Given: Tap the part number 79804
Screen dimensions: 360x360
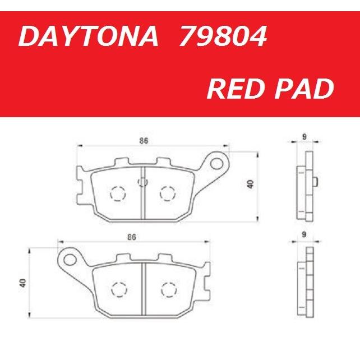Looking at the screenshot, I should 223,38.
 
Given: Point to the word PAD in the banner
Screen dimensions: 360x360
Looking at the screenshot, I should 303,89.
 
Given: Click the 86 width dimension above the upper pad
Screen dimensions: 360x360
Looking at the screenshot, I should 144,142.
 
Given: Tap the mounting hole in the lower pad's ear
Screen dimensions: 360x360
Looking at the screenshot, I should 70,259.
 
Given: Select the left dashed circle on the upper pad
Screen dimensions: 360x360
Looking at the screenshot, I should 118,193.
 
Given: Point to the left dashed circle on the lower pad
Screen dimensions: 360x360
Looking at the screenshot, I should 119,289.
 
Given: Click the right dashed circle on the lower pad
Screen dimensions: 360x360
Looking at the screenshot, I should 168,289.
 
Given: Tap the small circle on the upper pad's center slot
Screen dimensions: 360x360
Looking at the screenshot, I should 142,181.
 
